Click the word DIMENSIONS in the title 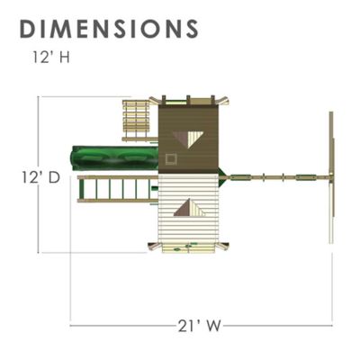(x=108, y=28)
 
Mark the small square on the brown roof (x=171, y=159)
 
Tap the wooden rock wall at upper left (x=134, y=119)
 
